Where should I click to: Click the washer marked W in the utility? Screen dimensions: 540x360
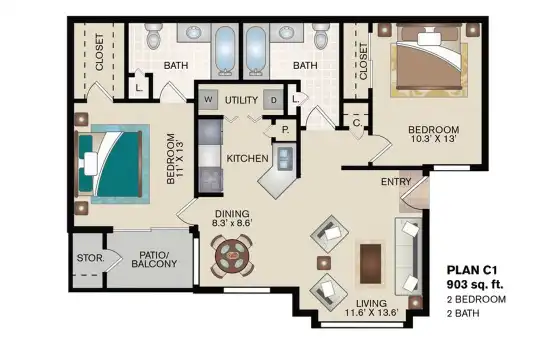click(x=208, y=100)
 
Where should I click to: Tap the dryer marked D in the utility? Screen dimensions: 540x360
click(x=274, y=100)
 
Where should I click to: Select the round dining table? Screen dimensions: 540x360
click(x=232, y=255)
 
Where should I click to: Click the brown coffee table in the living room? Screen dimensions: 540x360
click(x=371, y=264)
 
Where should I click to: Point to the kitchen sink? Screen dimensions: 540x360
click(x=285, y=158)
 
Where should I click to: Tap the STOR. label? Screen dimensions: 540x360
click(x=90, y=258)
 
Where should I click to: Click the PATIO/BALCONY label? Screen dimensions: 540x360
click(x=154, y=259)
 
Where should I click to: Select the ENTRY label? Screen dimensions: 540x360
click(x=396, y=182)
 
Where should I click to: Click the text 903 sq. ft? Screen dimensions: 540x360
click(x=475, y=285)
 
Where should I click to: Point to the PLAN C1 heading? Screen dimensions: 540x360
click(x=472, y=270)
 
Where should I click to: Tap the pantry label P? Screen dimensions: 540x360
click(x=285, y=130)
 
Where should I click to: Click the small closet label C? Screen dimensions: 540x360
click(x=357, y=123)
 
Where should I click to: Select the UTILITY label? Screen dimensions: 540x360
click(x=241, y=100)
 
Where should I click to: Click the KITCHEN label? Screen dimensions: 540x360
click(x=247, y=158)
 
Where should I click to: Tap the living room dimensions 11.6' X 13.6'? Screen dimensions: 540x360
click(x=372, y=312)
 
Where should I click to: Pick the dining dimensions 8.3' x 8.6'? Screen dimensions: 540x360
click(x=232, y=223)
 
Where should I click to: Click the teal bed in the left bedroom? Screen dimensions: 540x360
click(x=109, y=163)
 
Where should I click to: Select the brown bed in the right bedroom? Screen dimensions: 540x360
click(x=429, y=60)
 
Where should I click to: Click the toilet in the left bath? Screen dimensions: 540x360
click(x=154, y=34)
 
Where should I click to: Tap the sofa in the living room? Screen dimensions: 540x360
click(x=408, y=256)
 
